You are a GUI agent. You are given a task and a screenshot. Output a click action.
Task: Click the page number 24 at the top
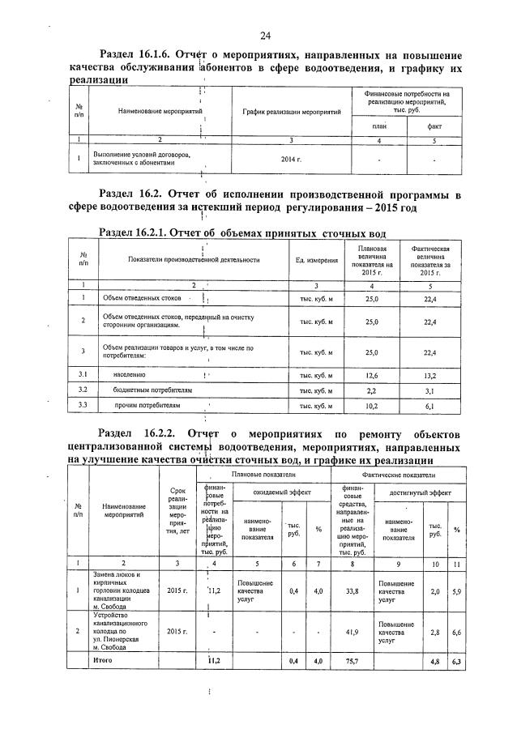point(265,35)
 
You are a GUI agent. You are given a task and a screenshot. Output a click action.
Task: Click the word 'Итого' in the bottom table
point(102,660)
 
